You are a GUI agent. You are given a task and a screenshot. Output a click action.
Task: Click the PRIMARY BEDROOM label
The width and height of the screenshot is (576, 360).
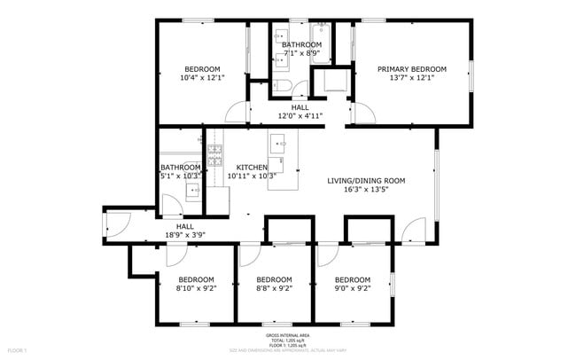pyautogui.click(x=411, y=69)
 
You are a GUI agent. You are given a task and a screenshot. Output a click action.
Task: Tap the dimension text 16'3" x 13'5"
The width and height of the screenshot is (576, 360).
pyautogui.click(x=366, y=189)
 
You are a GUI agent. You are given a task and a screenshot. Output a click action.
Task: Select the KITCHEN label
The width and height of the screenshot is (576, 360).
pyautogui.click(x=252, y=167)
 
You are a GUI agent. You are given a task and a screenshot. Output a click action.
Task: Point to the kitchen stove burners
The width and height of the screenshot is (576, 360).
pyautogui.click(x=214, y=156)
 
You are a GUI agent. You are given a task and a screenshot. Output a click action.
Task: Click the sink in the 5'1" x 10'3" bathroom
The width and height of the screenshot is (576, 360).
pyautogui.click(x=192, y=189)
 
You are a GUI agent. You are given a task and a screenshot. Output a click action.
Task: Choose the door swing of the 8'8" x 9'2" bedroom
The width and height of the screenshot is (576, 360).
pyautogui.click(x=249, y=254)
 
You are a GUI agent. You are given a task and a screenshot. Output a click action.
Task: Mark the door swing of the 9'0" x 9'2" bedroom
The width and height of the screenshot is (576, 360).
pyautogui.click(x=328, y=254)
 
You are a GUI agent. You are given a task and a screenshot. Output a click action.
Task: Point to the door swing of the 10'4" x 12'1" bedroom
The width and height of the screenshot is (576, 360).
pyautogui.click(x=237, y=113)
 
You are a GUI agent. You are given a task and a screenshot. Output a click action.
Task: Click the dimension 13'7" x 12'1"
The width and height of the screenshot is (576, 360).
pyautogui.click(x=411, y=78)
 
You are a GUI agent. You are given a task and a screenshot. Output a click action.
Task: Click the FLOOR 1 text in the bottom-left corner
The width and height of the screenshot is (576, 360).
pyautogui.click(x=17, y=350)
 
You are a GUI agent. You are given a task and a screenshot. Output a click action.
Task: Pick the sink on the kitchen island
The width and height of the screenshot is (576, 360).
pyautogui.click(x=277, y=142)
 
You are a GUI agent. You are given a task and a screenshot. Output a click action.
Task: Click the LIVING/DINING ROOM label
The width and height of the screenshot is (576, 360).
pyautogui.click(x=366, y=181)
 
